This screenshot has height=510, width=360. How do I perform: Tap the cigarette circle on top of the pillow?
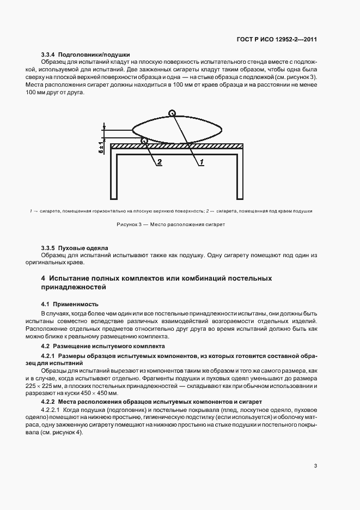coord(172,114)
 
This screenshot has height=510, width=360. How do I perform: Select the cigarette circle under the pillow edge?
coord(144,141)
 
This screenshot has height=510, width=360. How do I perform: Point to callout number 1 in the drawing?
coord(200,162)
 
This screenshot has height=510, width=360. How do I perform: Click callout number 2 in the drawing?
coord(159,162)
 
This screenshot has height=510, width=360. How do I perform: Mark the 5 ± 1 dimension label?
coord(102,146)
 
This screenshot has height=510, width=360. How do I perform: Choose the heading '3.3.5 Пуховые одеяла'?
coord(75,247)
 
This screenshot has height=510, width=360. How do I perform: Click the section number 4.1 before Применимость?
coord(46,303)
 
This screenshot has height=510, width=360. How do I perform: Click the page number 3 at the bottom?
coord(316,466)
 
